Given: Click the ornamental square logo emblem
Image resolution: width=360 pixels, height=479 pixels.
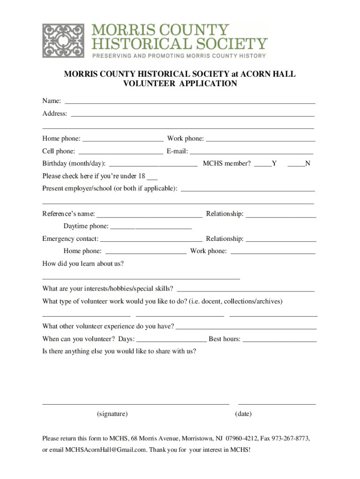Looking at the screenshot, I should tap(64, 41).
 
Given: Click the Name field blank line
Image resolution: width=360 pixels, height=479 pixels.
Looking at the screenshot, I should tap(189, 102).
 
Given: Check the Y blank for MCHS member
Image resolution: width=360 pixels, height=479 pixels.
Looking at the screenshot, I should tap(263, 165).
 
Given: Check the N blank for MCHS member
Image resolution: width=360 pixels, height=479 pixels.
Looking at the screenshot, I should tap(296, 165).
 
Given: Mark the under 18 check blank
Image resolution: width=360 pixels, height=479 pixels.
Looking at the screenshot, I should tap(152, 178).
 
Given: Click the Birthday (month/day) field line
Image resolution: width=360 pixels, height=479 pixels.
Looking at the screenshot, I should tap(153, 165).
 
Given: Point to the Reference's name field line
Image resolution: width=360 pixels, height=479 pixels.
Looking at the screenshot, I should tap(149, 216).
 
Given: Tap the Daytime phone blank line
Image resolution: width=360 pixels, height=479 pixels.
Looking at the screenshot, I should tap(151, 228).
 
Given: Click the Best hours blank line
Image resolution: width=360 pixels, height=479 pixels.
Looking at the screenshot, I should tap(279, 341).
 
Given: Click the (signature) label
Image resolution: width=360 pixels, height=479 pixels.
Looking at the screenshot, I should tap(112, 414).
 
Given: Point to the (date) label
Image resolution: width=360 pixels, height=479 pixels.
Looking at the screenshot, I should tap(243, 414).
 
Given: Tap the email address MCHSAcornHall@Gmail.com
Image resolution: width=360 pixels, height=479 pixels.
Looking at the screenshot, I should tap(105, 450).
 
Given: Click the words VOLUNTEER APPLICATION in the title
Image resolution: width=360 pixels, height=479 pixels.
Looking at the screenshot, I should tap(180, 84).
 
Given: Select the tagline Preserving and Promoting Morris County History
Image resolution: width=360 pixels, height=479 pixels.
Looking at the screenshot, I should tap(179, 56).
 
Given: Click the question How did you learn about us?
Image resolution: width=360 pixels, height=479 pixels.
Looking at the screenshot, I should tap(83, 263).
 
